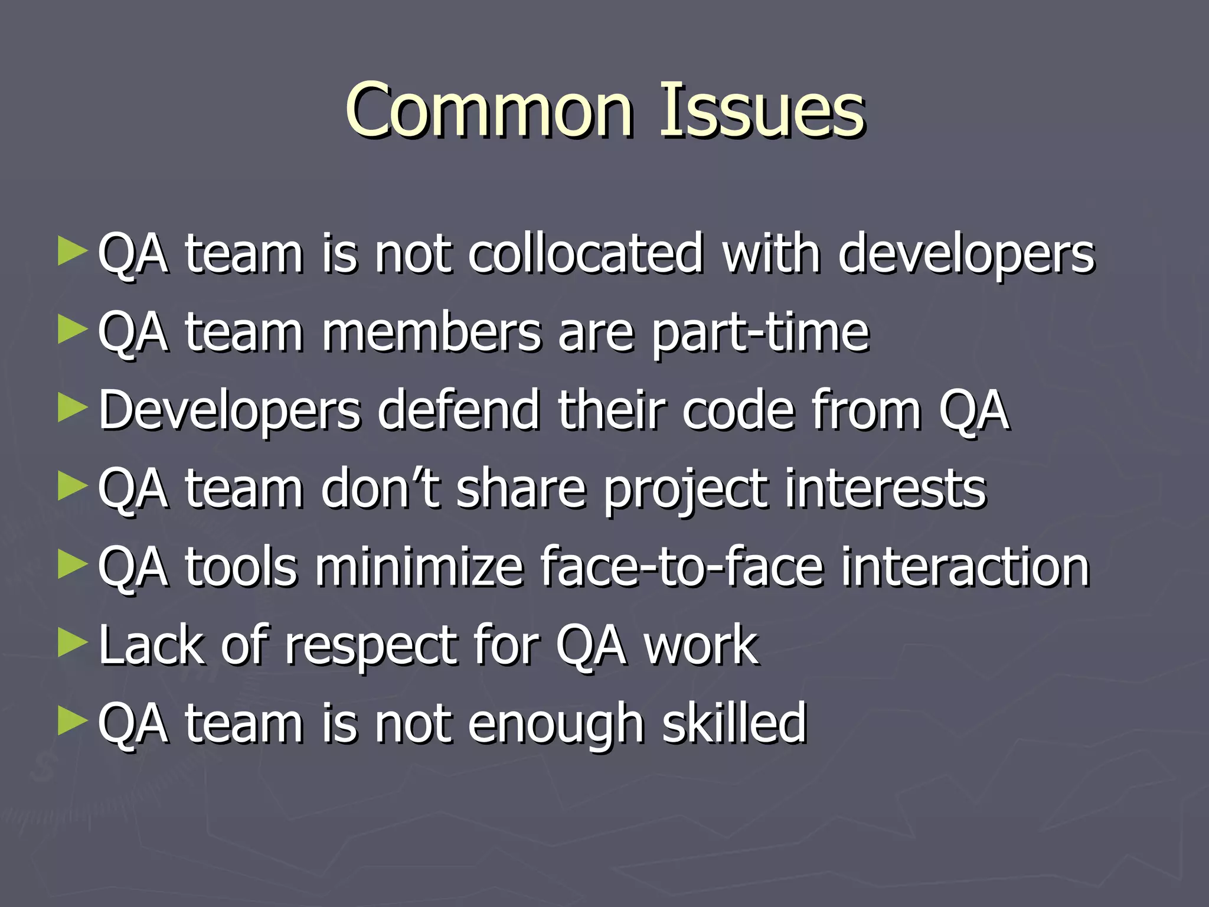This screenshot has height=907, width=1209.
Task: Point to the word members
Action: point(431,332)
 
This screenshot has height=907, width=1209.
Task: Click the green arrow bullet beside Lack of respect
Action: point(73,643)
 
